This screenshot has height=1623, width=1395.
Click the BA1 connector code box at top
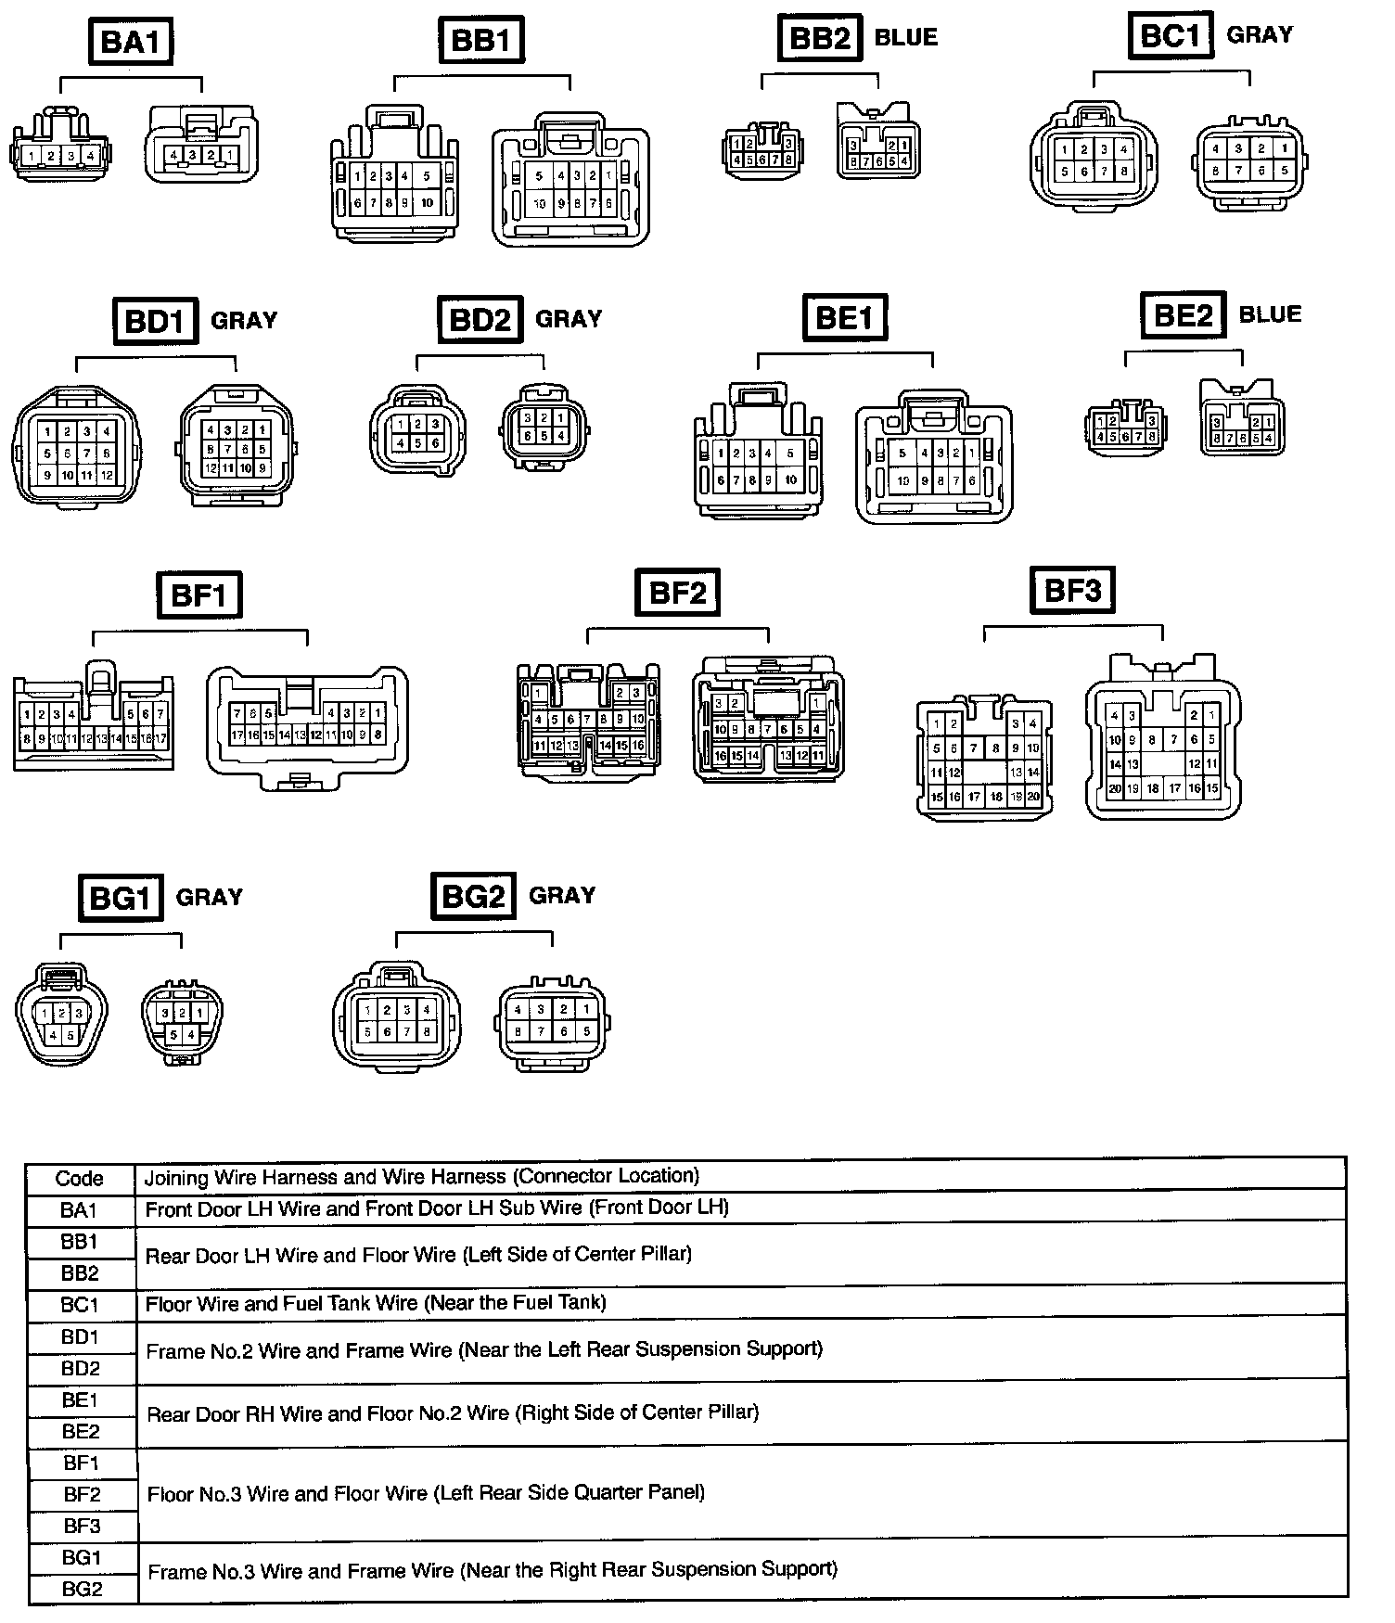pyautogui.click(x=130, y=42)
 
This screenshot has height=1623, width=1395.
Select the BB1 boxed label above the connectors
pyautogui.click(x=481, y=42)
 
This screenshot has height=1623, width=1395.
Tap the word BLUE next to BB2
pyautogui.click(x=906, y=38)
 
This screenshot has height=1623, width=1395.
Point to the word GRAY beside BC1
pyautogui.click(x=1259, y=35)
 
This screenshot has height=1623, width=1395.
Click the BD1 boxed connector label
pyautogui.click(x=155, y=321)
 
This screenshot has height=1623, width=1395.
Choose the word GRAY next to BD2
pyautogui.click(x=569, y=319)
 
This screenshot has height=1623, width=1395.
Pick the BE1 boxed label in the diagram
pyautogui.click(x=844, y=318)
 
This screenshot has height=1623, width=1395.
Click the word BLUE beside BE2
pyautogui.click(x=1270, y=314)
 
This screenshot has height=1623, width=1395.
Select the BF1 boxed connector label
pyautogui.click(x=198, y=594)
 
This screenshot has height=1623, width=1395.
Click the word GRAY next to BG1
pyautogui.click(x=209, y=897)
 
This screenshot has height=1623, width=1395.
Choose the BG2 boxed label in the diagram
pyautogui.click(x=473, y=896)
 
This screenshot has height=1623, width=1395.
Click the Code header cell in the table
pyautogui.click(x=79, y=1179)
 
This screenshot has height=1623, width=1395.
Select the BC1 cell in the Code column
pyautogui.click(x=80, y=1305)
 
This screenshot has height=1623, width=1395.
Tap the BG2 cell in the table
pyautogui.click(x=82, y=1589)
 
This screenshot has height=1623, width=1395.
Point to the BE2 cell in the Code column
pyautogui.click(x=81, y=1431)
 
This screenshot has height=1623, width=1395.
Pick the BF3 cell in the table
pyautogui.click(x=82, y=1526)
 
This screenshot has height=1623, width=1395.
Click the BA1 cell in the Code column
pyautogui.click(x=79, y=1210)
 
